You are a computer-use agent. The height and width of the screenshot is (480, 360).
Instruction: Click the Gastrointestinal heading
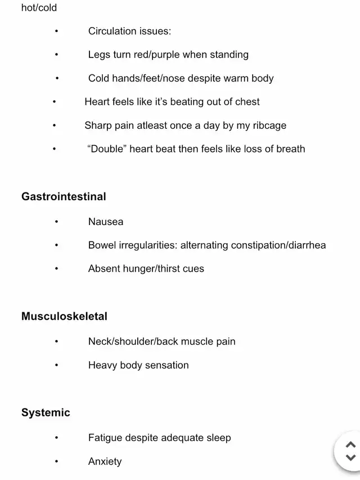(x=64, y=196)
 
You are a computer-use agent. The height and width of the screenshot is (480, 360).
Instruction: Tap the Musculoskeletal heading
(x=64, y=316)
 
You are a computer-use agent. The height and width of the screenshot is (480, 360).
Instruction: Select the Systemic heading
(x=46, y=412)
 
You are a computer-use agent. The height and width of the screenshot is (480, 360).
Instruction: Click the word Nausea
(x=106, y=222)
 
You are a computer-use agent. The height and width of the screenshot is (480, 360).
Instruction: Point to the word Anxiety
(x=105, y=461)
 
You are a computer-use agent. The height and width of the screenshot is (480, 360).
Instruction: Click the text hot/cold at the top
(x=39, y=8)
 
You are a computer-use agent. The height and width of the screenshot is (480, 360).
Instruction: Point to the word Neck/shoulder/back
(x=132, y=342)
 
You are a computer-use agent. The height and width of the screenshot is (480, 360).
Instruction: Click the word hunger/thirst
(x=151, y=269)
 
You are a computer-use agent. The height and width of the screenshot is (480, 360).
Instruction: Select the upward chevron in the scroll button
(x=350, y=444)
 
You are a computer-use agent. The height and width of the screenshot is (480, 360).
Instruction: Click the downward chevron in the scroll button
(x=350, y=457)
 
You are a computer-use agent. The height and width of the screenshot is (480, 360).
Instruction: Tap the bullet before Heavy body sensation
(x=57, y=366)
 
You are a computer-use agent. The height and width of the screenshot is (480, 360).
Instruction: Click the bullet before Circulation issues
(x=57, y=32)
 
